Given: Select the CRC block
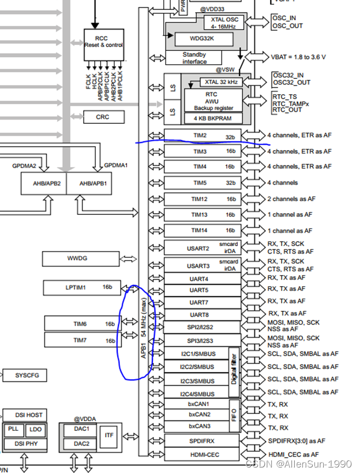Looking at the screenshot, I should pyautogui.click(x=103, y=117).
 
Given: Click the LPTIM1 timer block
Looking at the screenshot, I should pyautogui.click(x=82, y=287).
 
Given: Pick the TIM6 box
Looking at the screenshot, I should pyautogui.click(x=81, y=323).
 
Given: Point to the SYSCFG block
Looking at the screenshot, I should pyautogui.click(x=24, y=375).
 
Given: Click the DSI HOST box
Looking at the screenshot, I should pyautogui.click(x=25, y=415).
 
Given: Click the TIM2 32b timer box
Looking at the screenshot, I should pyautogui.click(x=202, y=135).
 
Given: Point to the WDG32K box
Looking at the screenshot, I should pyautogui.click(x=203, y=39).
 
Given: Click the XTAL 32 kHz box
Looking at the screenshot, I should pyautogui.click(x=219, y=82).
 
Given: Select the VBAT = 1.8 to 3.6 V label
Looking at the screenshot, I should pyautogui.click(x=299, y=56).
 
